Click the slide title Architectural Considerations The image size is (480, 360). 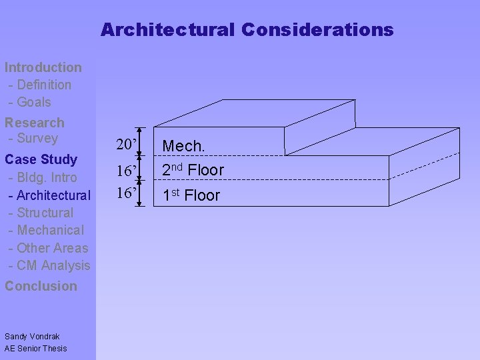pyautogui.click(x=247, y=30)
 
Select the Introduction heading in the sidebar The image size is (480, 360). pyautogui.click(x=43, y=67)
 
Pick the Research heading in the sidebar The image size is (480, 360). pyautogui.click(x=35, y=123)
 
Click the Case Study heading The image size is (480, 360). pyautogui.click(x=41, y=160)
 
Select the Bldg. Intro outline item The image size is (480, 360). pyautogui.click(x=44, y=178)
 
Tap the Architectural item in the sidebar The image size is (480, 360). pyautogui.click(x=51, y=195)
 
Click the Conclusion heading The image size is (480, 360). pyautogui.click(x=41, y=286)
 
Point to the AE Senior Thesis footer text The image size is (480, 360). pyautogui.click(x=36, y=348)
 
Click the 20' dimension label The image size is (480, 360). pyautogui.click(x=127, y=145)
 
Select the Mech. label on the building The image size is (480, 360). pyautogui.click(x=183, y=145)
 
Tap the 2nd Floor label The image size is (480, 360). pyautogui.click(x=193, y=170)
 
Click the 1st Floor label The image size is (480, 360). pyautogui.click(x=191, y=195)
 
